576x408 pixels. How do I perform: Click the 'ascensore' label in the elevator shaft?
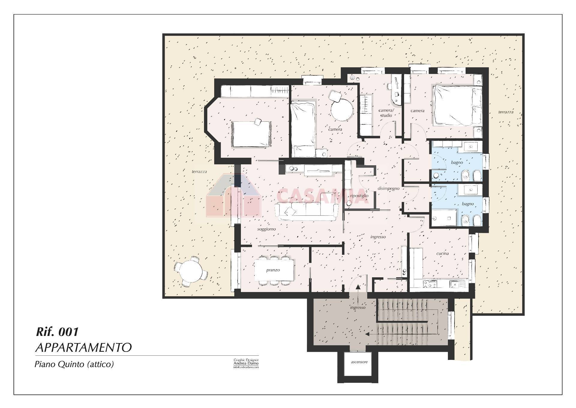tap(359, 362)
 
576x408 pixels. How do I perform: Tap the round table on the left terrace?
tap(191, 271)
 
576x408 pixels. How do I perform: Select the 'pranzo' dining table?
tap(273, 270)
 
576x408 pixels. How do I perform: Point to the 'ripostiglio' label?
tap(359, 196)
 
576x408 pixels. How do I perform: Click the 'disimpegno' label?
tap(388, 188)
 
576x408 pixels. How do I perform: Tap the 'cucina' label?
tap(442, 253)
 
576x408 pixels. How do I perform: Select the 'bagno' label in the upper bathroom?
tap(457, 162)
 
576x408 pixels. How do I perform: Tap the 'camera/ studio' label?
tap(386, 113)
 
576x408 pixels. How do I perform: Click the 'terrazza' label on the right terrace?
tap(505, 112)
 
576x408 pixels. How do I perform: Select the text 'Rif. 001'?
tap(57, 332)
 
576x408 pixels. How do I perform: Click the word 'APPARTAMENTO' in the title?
tap(83, 348)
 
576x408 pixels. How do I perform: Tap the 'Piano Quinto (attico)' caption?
tap(74, 364)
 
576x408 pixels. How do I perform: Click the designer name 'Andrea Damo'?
tap(246, 363)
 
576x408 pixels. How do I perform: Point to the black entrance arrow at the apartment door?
tap(358, 287)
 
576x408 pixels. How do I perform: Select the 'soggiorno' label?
tap(266, 229)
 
